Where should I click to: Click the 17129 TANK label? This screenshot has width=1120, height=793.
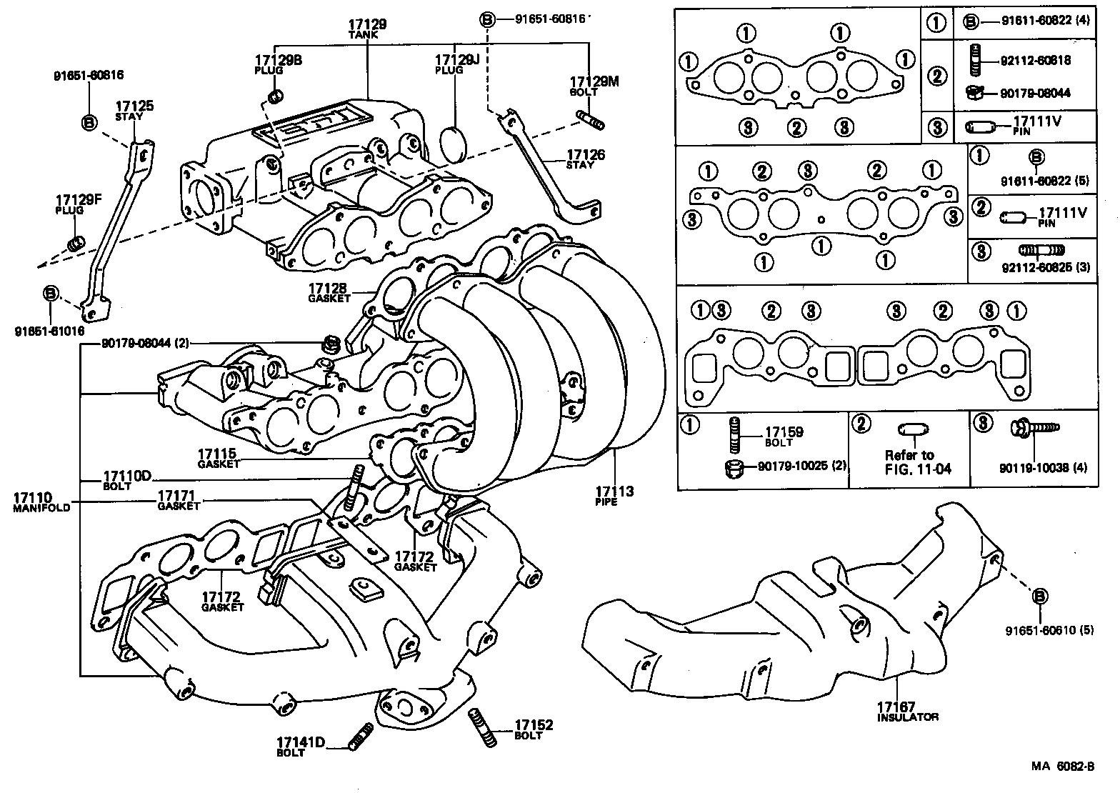[x=367, y=29]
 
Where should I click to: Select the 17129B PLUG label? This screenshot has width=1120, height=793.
[x=278, y=64]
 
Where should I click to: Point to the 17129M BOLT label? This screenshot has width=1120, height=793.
[x=594, y=86]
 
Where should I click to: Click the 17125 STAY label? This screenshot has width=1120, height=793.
[x=135, y=111]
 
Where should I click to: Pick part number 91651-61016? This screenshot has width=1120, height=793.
[x=49, y=331]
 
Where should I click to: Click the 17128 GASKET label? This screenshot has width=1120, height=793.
[x=329, y=292]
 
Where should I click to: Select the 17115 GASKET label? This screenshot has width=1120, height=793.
[x=219, y=457]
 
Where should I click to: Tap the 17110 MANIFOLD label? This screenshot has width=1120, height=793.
[x=41, y=502]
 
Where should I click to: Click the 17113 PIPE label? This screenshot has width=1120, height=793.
[x=614, y=496]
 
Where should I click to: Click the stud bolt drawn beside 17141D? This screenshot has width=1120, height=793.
[x=361, y=734]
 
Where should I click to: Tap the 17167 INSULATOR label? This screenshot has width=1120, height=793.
[x=906, y=711]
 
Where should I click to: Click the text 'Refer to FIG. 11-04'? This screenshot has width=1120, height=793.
[x=909, y=462]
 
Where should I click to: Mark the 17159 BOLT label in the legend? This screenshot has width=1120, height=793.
[x=784, y=436]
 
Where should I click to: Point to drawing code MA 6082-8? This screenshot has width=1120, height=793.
[x=1062, y=766]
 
